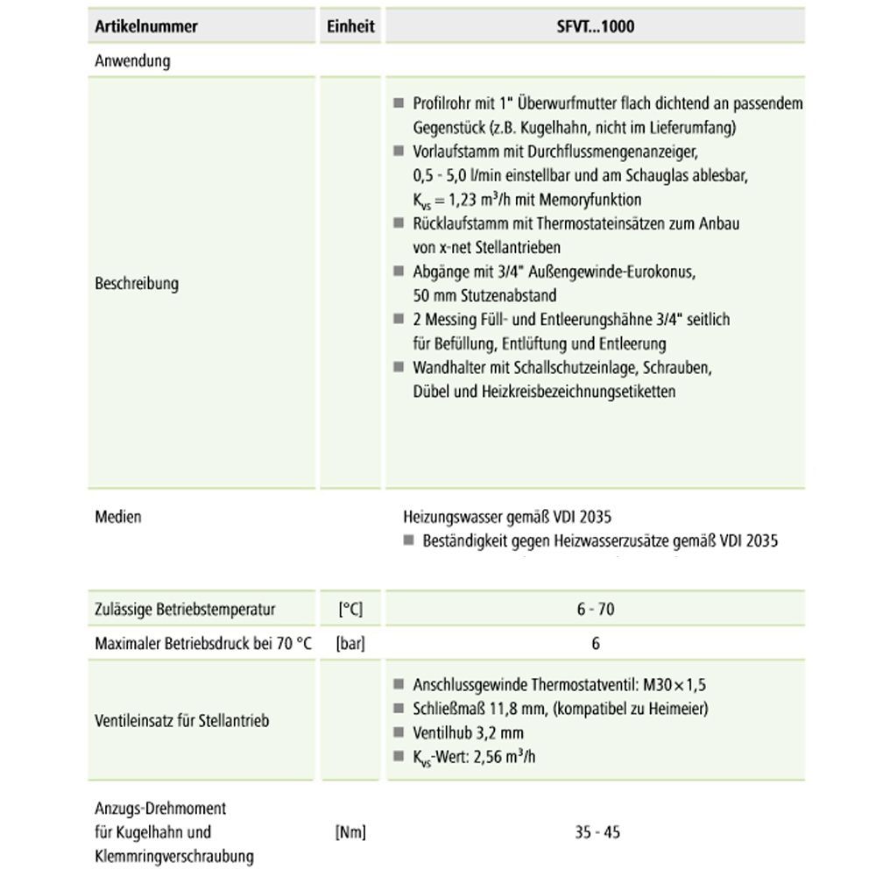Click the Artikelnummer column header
(145, 26)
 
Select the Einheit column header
(350, 26)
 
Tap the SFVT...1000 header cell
(596, 26)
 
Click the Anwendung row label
(132, 61)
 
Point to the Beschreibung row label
(136, 284)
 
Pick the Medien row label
(117, 517)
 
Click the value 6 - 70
(596, 610)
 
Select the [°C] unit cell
(350, 610)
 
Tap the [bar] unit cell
(350, 644)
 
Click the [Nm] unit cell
(350, 832)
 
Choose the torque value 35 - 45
(597, 832)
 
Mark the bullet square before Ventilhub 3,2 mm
(399, 732)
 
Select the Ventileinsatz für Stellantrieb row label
(181, 721)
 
